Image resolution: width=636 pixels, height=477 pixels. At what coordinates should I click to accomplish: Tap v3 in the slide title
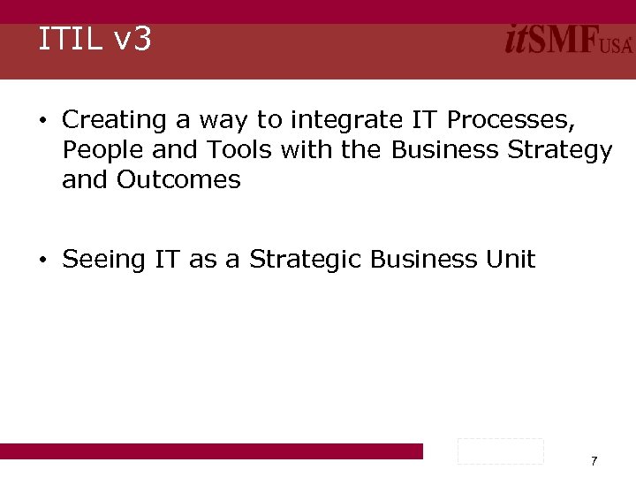click(132, 40)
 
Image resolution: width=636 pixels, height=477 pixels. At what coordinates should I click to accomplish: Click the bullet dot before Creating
click(42, 120)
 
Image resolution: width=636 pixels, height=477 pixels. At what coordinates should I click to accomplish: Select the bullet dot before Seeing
click(42, 261)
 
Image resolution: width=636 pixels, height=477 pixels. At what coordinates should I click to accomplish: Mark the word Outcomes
click(178, 179)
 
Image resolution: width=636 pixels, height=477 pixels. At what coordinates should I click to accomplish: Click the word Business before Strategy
click(444, 149)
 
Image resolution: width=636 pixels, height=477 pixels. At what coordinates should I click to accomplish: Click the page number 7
click(594, 460)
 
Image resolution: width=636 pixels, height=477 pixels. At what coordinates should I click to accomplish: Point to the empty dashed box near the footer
click(500, 450)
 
